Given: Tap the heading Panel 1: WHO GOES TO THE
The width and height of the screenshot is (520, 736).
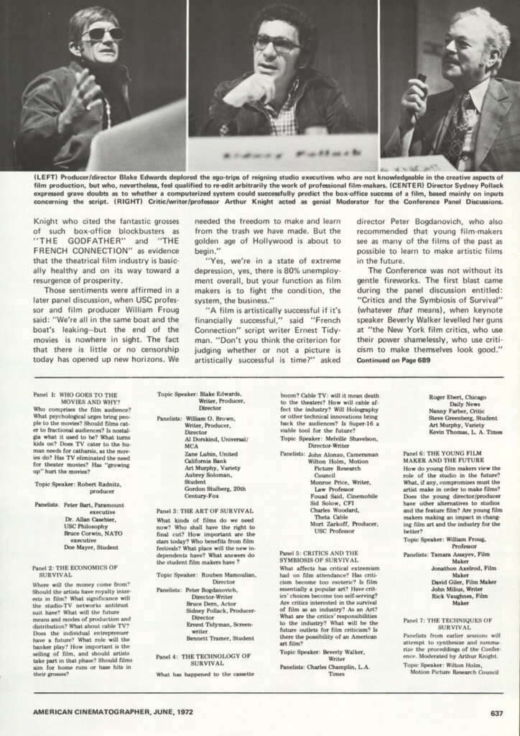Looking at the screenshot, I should click(x=75, y=395).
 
